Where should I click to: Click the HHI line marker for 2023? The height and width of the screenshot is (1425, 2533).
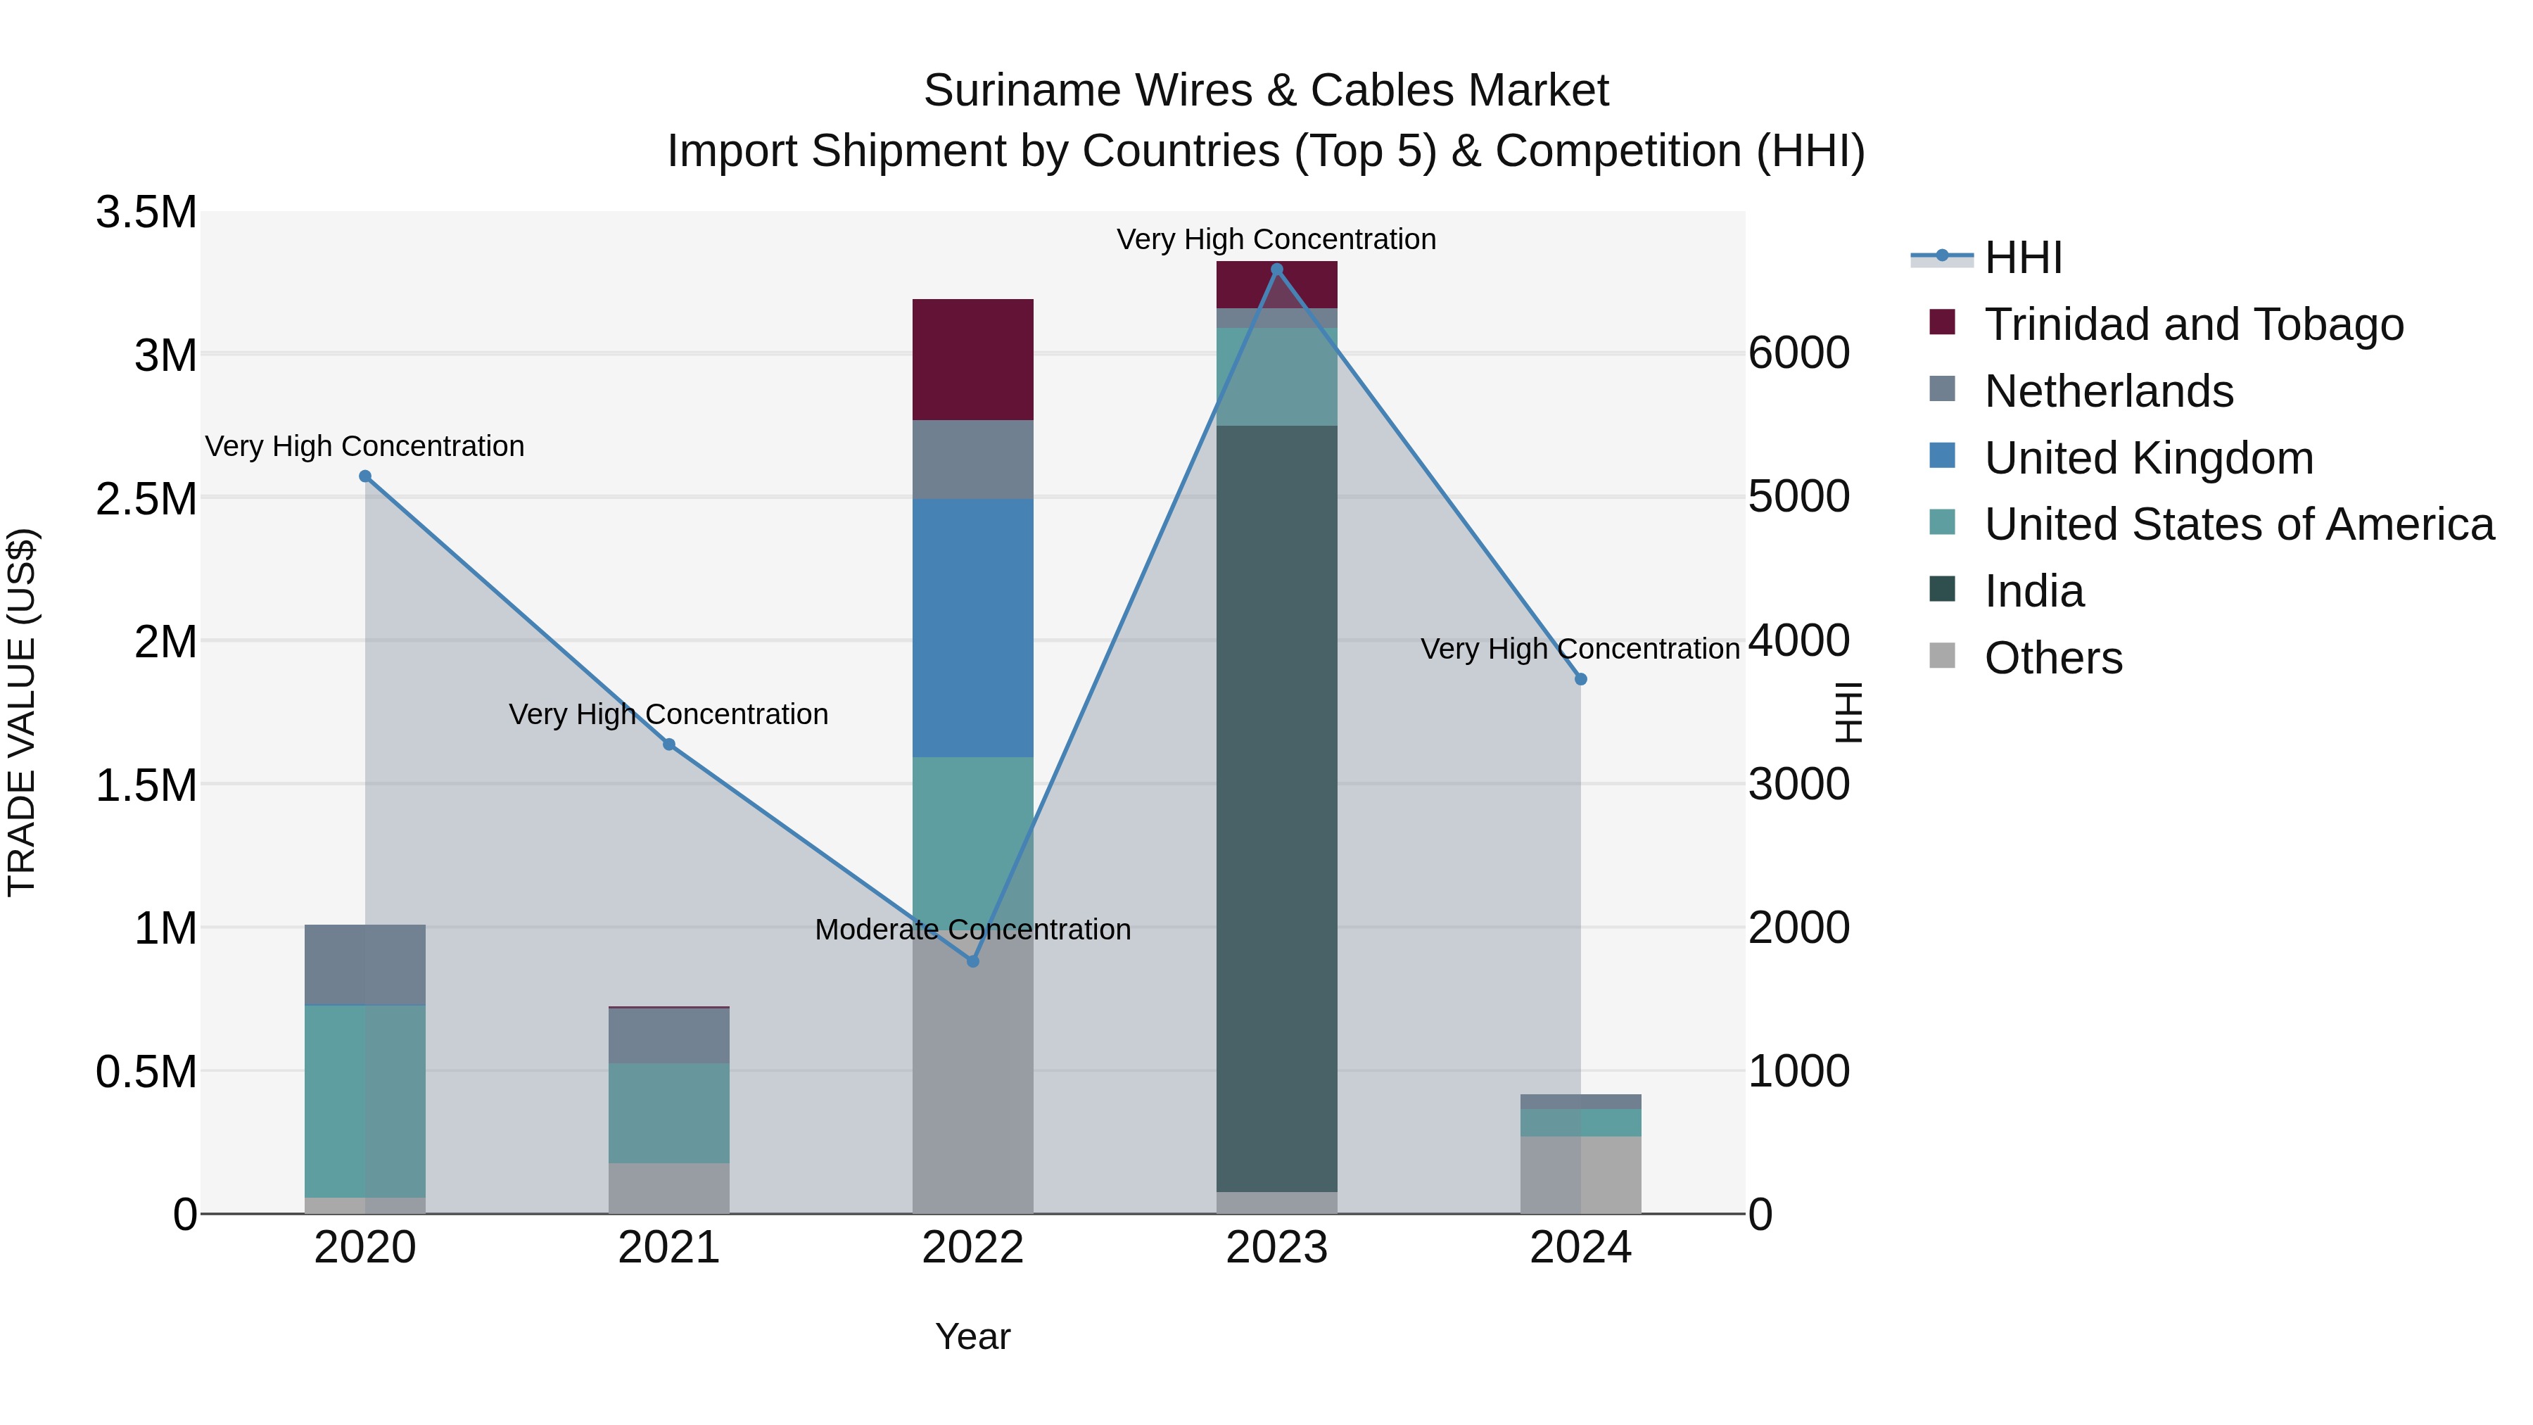pyautogui.click(x=1276, y=270)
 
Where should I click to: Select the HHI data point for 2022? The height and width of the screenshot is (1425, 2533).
pyautogui.click(x=972, y=961)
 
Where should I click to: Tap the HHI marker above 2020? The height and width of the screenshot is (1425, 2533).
pyautogui.click(x=364, y=476)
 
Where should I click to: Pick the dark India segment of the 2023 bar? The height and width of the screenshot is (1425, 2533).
pyautogui.click(x=1276, y=806)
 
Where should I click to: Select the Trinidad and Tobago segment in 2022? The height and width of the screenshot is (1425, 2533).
pyautogui.click(x=972, y=359)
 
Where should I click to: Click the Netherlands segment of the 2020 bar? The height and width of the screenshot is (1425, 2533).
pyautogui.click(x=364, y=964)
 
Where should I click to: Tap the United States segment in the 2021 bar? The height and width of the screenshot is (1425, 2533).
pyautogui.click(x=668, y=1113)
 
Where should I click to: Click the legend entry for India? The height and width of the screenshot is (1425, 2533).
pyautogui.click(x=2033, y=591)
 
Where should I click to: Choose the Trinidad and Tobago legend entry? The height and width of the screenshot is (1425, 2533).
pyautogui.click(x=2192, y=324)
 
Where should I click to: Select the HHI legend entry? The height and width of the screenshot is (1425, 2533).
pyautogui.click(x=2023, y=258)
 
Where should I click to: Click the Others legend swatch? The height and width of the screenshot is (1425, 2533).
pyautogui.click(x=1942, y=656)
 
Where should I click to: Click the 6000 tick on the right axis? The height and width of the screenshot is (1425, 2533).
pyautogui.click(x=1798, y=353)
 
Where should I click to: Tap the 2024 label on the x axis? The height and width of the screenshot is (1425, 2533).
pyautogui.click(x=1580, y=1248)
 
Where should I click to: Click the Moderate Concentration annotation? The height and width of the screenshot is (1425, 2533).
pyautogui.click(x=972, y=930)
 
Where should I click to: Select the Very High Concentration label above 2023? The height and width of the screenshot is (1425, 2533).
pyautogui.click(x=1276, y=239)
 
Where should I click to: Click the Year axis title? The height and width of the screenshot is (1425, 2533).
pyautogui.click(x=972, y=1336)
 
